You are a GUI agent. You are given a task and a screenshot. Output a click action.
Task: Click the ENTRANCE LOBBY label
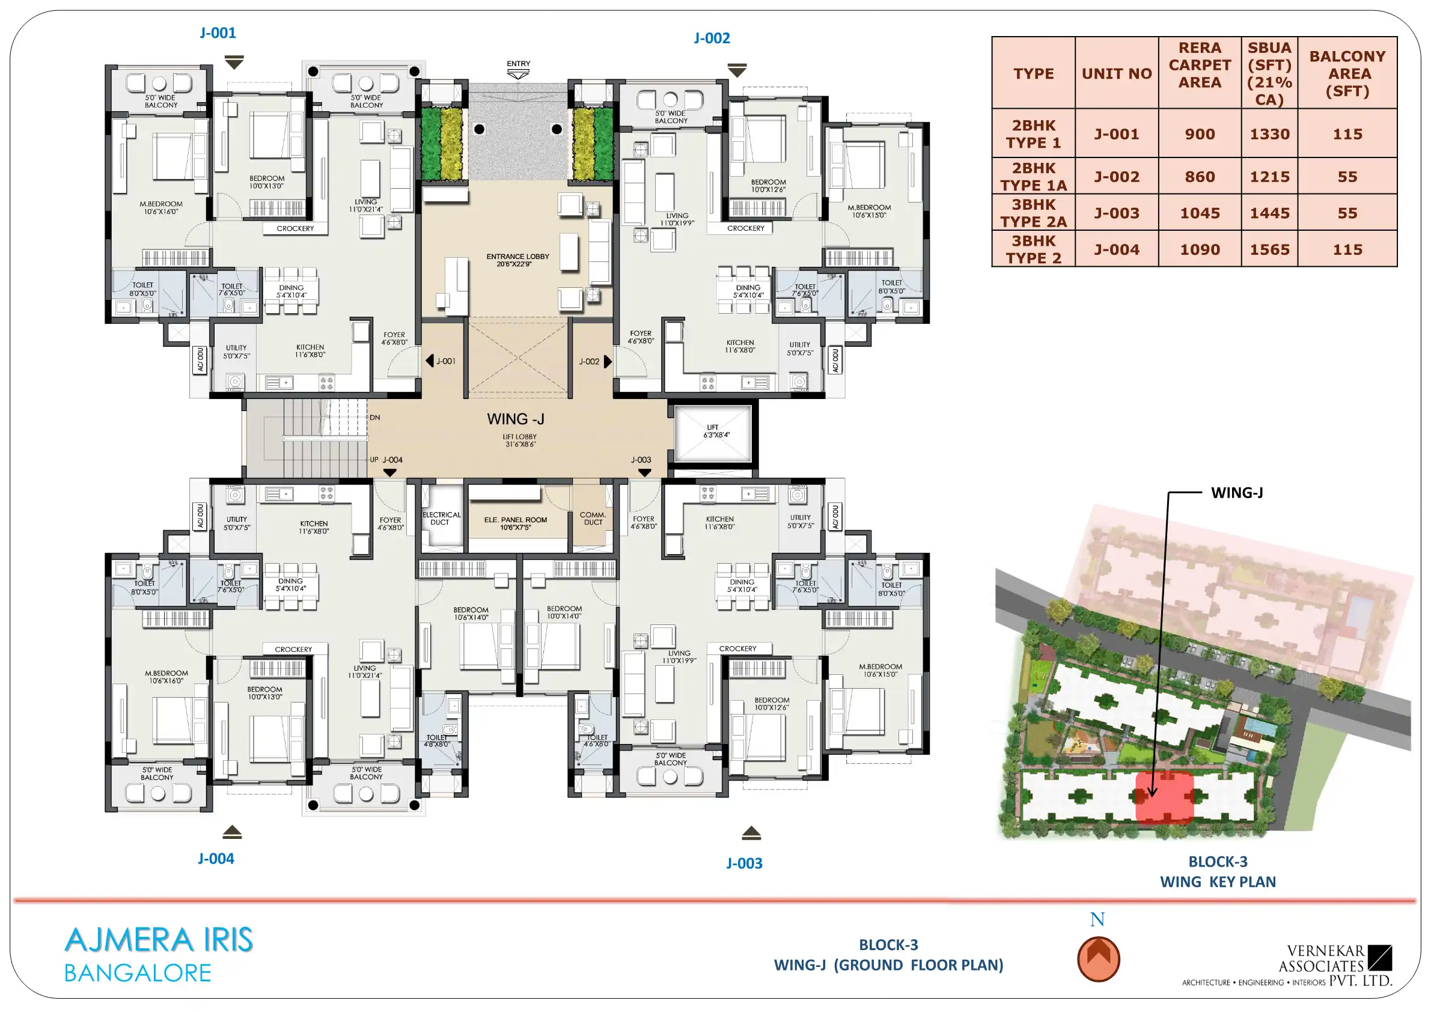tap(518, 260)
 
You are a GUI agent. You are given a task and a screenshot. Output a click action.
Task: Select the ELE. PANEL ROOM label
tap(516, 523)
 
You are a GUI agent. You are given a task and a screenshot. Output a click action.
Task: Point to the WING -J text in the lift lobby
tap(516, 419)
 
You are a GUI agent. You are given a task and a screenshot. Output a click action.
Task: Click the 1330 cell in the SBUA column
tap(1269, 134)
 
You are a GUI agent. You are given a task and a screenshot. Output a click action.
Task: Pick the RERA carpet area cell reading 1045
tap(1200, 213)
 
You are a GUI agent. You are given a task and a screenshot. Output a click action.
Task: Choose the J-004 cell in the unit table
tap(1116, 249)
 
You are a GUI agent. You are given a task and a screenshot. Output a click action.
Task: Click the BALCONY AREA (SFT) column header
tap(1347, 73)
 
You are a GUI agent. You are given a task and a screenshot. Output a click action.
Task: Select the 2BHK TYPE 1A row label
tap(1033, 176)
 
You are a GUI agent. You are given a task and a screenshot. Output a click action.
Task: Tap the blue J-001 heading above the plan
tap(218, 32)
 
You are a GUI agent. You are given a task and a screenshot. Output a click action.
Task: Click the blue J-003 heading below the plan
tap(744, 863)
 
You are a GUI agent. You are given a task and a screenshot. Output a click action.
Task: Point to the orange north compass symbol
tap(1098, 959)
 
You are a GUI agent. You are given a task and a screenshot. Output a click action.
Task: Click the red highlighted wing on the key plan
tap(1164, 797)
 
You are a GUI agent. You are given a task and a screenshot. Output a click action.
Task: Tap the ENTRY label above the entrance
tap(519, 64)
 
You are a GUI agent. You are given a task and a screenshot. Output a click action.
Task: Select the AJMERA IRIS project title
tap(159, 940)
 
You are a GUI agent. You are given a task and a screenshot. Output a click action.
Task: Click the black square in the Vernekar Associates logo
tap(1380, 958)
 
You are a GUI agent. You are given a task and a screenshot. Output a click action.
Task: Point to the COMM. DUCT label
tap(593, 519)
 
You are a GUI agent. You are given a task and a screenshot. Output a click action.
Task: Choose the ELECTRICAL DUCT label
tap(441, 519)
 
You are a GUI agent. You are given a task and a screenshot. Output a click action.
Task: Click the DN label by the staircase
tap(374, 418)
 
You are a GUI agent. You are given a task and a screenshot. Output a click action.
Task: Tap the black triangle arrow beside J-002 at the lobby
tap(608, 361)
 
